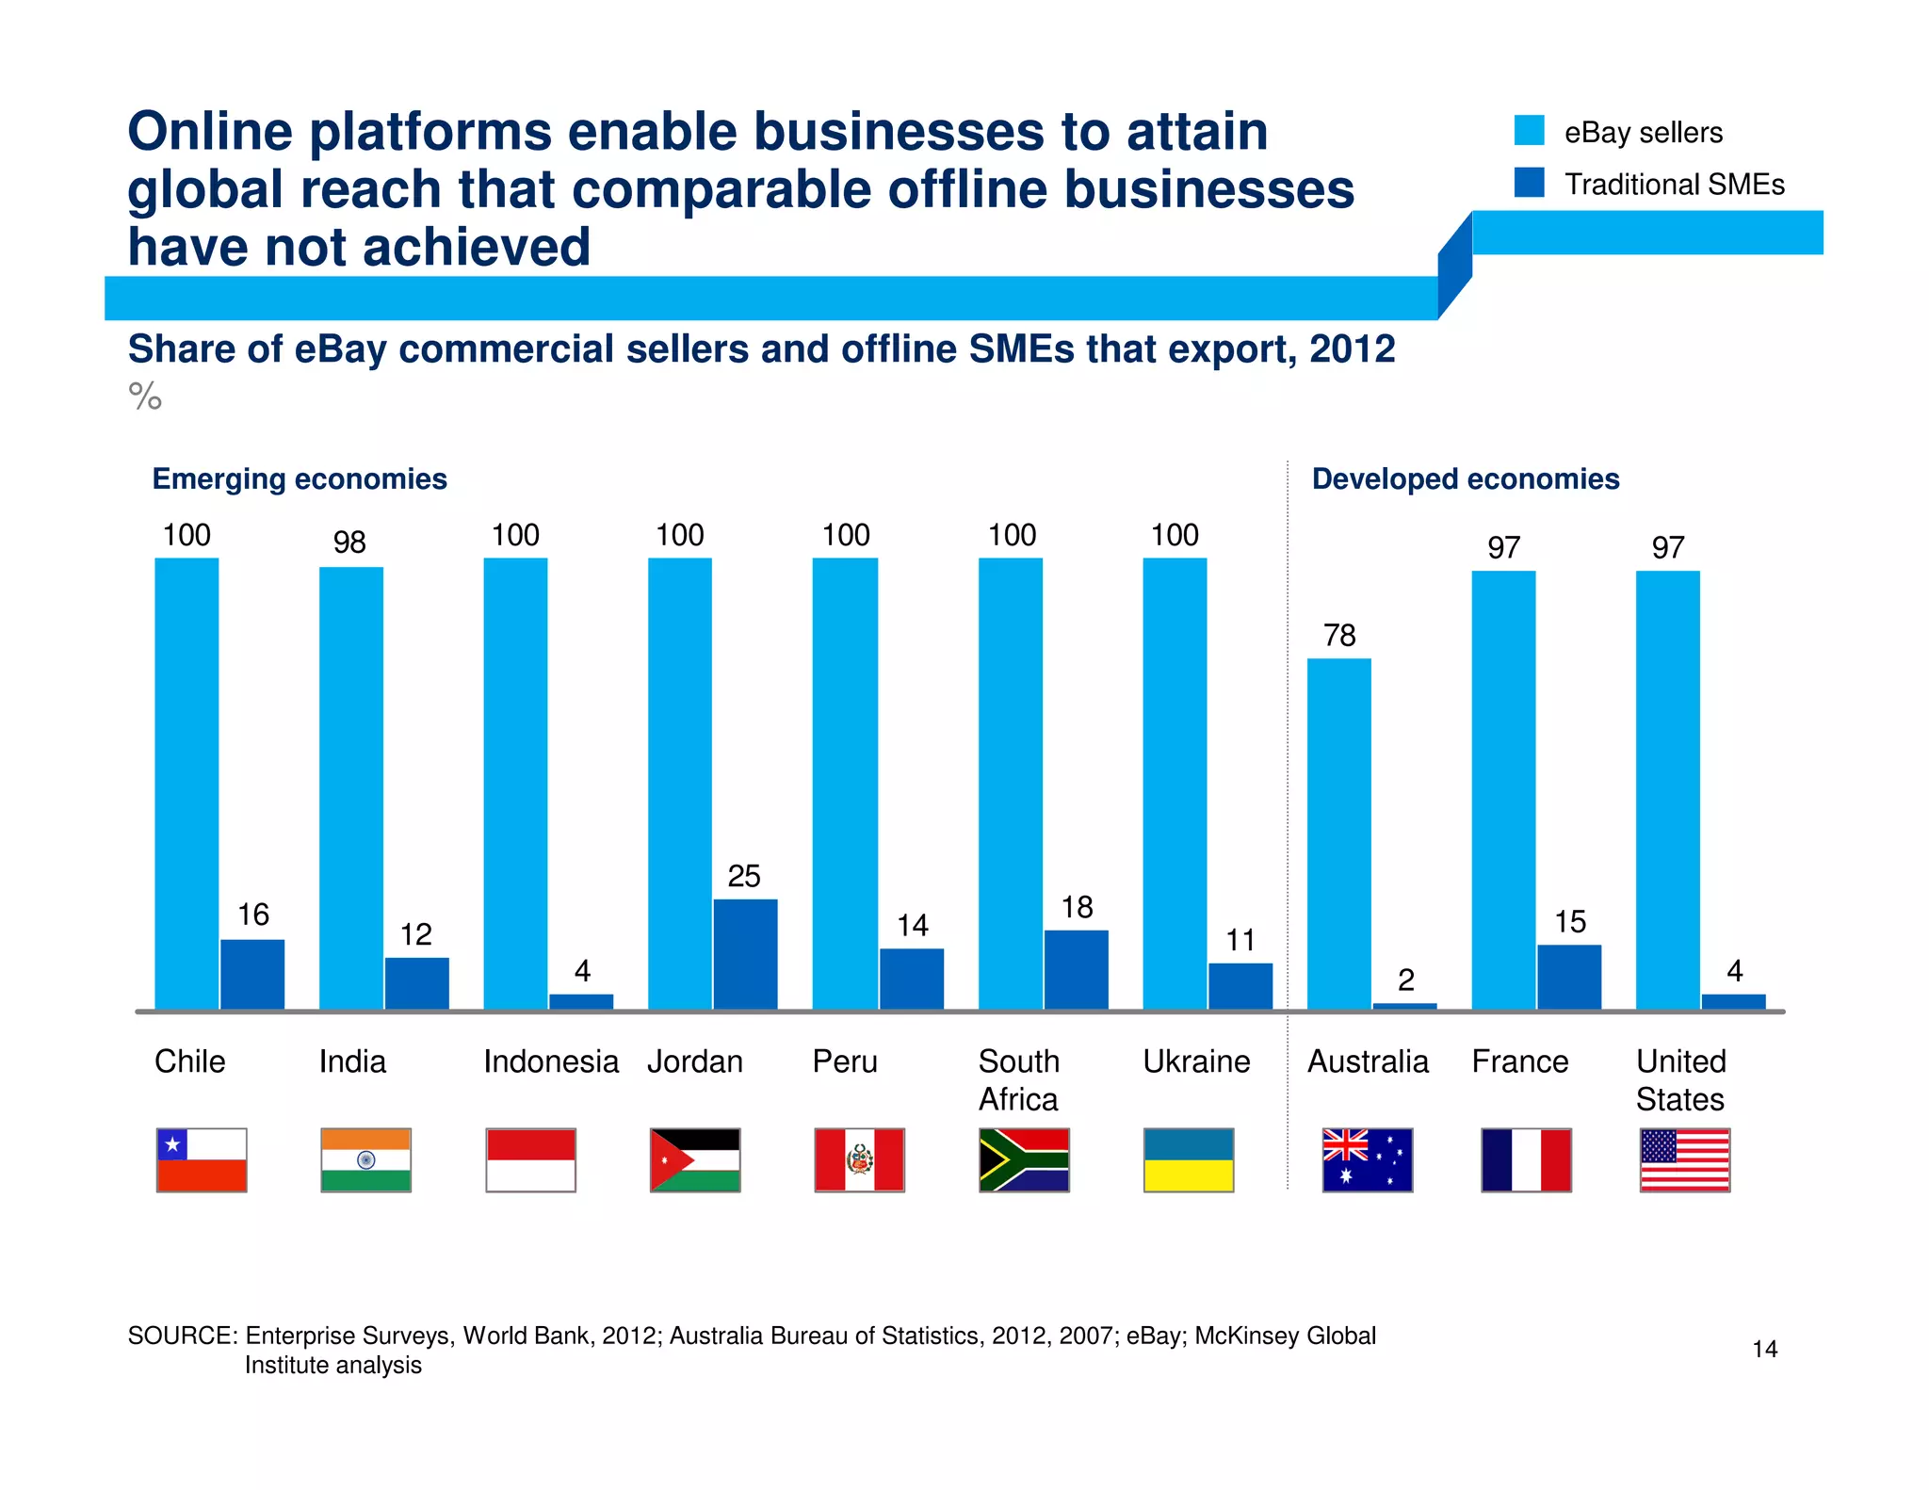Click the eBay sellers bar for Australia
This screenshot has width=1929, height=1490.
tap(1338, 834)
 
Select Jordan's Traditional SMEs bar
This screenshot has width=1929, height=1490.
tap(745, 954)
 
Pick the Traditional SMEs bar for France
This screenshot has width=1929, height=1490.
tap(1569, 977)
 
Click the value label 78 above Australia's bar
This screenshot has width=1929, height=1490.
tap(1339, 636)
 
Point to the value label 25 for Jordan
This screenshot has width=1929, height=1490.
tap(744, 877)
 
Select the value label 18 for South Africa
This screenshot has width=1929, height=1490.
tap(1077, 908)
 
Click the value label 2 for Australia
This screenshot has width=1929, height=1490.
tap(1405, 980)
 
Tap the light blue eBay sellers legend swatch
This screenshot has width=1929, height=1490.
tap(1529, 131)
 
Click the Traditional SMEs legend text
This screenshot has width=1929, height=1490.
tap(1674, 185)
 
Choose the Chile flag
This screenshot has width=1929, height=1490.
tap(202, 1160)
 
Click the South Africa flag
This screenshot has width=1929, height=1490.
tap(1024, 1160)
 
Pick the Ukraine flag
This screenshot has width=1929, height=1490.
tap(1189, 1160)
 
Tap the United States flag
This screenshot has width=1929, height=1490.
tap(1684, 1160)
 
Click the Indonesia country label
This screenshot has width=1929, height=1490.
tap(551, 1062)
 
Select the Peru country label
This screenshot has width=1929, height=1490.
tap(845, 1062)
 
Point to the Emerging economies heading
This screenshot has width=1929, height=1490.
tap(300, 479)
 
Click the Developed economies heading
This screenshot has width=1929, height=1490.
tap(1466, 479)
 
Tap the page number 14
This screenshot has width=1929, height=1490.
tap(1764, 1350)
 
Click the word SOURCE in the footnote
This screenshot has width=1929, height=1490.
tap(182, 1336)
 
